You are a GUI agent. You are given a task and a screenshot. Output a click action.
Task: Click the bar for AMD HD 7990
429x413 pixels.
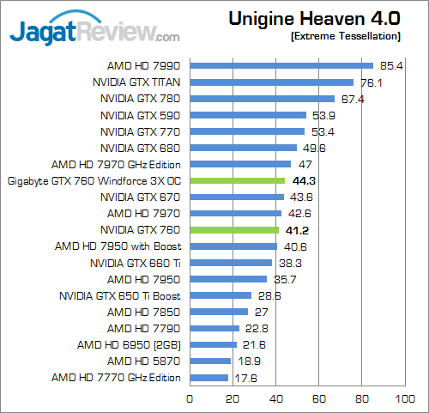click(281, 65)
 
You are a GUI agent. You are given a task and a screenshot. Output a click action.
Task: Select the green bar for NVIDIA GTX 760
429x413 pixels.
click(234, 230)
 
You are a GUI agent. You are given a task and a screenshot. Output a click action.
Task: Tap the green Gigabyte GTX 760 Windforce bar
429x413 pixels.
click(238, 180)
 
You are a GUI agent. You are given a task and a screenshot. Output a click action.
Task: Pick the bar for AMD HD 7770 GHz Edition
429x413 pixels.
click(208, 377)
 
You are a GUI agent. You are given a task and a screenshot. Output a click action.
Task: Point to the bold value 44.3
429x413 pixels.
click(304, 181)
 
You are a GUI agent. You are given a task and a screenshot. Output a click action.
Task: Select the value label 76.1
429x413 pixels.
click(372, 82)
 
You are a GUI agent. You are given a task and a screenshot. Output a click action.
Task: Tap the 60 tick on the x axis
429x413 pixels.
click(319, 398)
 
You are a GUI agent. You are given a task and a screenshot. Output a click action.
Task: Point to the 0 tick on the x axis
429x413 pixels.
click(190, 398)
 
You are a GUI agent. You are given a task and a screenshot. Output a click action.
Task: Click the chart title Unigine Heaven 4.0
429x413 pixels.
click(316, 19)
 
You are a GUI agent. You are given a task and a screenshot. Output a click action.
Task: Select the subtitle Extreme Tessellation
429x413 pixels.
click(346, 37)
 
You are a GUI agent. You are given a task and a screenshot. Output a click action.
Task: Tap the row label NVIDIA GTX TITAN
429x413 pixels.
click(138, 82)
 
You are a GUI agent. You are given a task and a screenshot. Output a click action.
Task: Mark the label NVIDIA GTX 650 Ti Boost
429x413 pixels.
click(121, 295)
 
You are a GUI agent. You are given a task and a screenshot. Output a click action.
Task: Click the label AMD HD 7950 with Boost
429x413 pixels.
click(119, 246)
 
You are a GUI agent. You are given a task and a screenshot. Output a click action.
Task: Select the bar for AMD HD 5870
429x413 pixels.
click(210, 361)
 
